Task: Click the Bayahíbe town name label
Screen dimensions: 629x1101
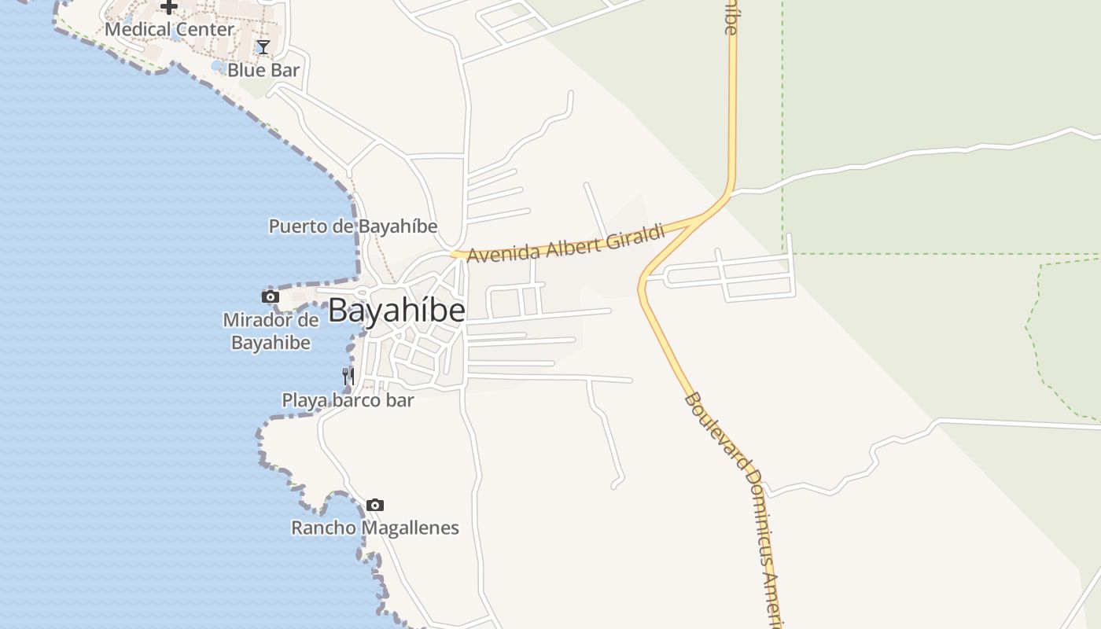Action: (x=396, y=311)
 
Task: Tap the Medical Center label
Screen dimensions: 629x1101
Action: (x=170, y=30)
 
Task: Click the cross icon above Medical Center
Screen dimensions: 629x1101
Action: (x=169, y=7)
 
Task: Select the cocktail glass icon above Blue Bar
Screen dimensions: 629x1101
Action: (x=263, y=47)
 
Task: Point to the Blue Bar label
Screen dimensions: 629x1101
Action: (x=263, y=70)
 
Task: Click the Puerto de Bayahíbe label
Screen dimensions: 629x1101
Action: (x=353, y=226)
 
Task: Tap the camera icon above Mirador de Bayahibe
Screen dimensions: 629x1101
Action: (x=271, y=296)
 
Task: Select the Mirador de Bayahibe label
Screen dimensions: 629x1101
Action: (x=271, y=331)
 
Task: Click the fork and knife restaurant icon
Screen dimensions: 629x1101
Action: (x=348, y=377)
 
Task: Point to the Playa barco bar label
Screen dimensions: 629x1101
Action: (x=348, y=400)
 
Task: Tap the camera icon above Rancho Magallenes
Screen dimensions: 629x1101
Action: (x=375, y=505)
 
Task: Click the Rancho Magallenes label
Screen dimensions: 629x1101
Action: (x=375, y=528)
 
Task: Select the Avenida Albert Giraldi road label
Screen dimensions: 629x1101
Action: (x=566, y=243)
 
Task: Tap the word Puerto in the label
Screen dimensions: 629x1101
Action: (x=296, y=226)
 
